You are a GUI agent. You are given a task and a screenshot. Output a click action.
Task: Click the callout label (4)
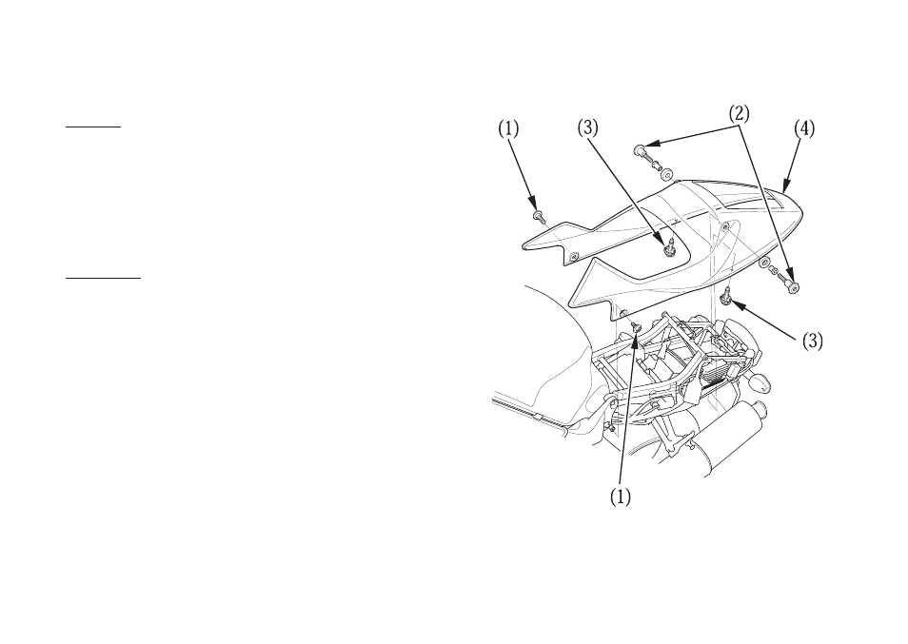coord(803,128)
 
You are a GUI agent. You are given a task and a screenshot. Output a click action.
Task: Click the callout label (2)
coord(739,113)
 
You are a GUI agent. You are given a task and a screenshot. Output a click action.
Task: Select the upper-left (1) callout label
coord(508,128)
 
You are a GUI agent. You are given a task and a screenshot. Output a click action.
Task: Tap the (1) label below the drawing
coord(621,497)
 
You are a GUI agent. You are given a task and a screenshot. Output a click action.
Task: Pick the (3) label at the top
coord(588,128)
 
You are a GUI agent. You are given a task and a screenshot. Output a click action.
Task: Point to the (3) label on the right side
coord(813,342)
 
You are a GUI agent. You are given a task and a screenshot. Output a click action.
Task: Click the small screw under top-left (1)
coord(539,217)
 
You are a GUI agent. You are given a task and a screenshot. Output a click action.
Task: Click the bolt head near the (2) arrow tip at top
coord(641,151)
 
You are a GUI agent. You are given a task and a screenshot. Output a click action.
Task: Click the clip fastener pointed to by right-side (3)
coord(725,298)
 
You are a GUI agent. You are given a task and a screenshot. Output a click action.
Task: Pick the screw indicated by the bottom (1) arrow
coord(637,327)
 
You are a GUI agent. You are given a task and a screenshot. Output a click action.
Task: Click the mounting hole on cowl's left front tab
coord(574,256)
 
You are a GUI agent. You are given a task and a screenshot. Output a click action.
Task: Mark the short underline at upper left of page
coord(93,126)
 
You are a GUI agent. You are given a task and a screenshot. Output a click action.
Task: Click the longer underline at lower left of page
coord(103,278)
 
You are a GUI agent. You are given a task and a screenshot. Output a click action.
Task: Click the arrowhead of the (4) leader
coord(784,186)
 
